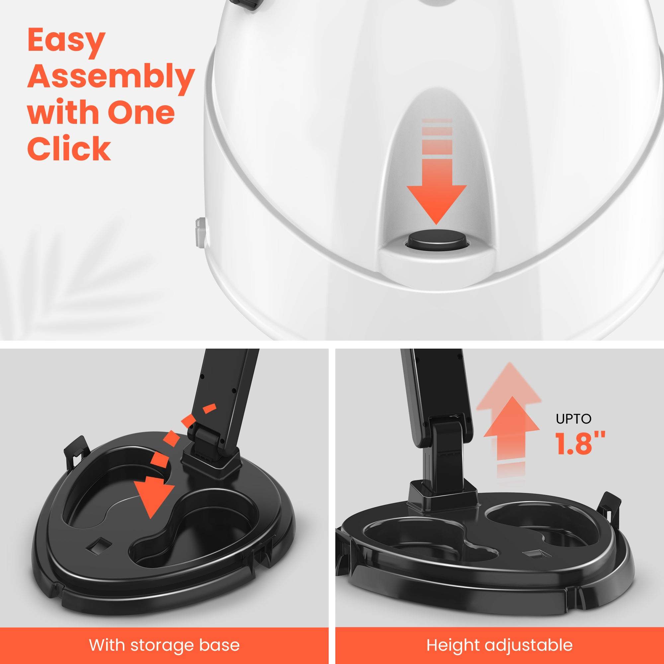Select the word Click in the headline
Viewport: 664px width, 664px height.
click(69, 148)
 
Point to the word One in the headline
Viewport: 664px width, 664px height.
click(141, 113)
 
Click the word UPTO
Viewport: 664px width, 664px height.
click(573, 419)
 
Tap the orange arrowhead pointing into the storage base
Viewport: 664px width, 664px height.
click(153, 500)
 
